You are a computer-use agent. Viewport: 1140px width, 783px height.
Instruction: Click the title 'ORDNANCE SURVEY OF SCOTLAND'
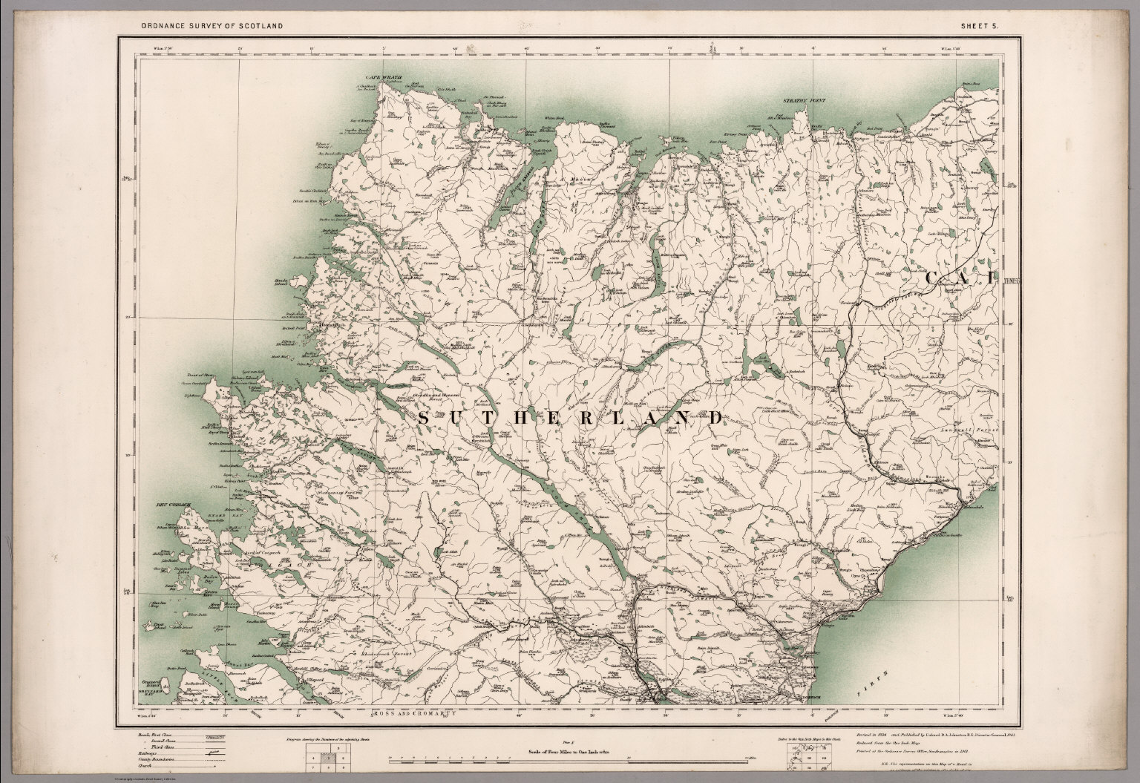pos(212,26)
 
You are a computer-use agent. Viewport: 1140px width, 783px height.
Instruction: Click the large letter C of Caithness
pos(934,279)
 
